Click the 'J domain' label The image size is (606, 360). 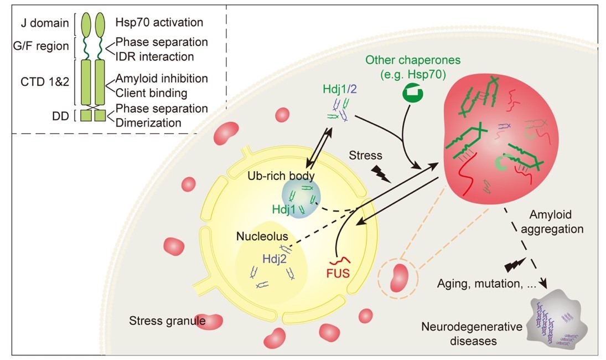(44, 23)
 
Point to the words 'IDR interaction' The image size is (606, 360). (154, 56)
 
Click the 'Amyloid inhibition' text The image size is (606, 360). (162, 79)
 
